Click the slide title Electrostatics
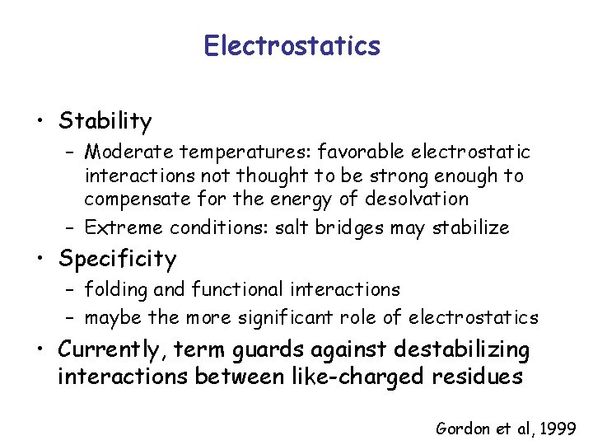point(292,45)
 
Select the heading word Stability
point(105,122)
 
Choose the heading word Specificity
point(117,260)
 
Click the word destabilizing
point(462,350)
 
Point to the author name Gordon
point(463,429)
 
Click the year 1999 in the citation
point(558,429)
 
